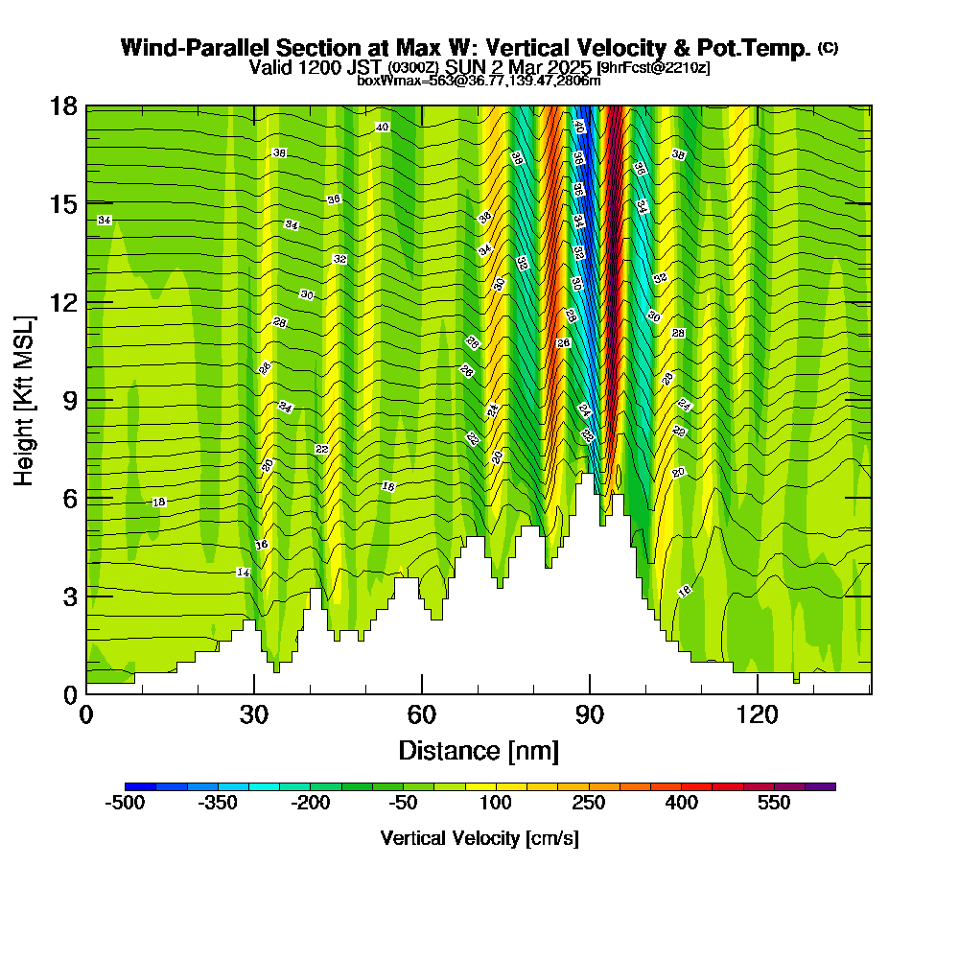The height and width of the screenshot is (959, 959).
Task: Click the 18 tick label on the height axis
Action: click(x=63, y=105)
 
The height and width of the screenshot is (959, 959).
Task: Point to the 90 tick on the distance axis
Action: click(x=590, y=714)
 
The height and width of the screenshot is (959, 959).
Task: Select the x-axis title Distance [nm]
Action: click(x=479, y=749)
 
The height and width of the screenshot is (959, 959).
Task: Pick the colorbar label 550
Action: click(x=773, y=803)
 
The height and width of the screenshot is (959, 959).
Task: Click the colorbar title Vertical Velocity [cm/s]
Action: click(x=479, y=838)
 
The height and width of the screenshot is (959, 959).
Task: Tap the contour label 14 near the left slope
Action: click(x=243, y=573)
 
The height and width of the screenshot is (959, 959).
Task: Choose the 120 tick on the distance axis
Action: click(x=758, y=714)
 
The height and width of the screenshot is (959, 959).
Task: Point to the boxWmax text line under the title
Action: click(x=479, y=81)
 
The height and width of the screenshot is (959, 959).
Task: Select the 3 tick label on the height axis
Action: click(x=69, y=596)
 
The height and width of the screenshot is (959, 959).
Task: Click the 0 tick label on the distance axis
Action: click(x=86, y=714)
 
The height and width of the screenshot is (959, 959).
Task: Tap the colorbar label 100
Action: click(x=495, y=803)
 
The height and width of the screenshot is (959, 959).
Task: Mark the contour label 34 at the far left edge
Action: click(x=105, y=221)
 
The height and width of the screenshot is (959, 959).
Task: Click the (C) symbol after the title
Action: click(x=829, y=48)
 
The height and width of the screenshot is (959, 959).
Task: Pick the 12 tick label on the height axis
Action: click(x=63, y=302)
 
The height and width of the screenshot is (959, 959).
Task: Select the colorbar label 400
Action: click(x=681, y=803)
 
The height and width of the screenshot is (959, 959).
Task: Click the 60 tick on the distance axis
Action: click(x=422, y=714)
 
